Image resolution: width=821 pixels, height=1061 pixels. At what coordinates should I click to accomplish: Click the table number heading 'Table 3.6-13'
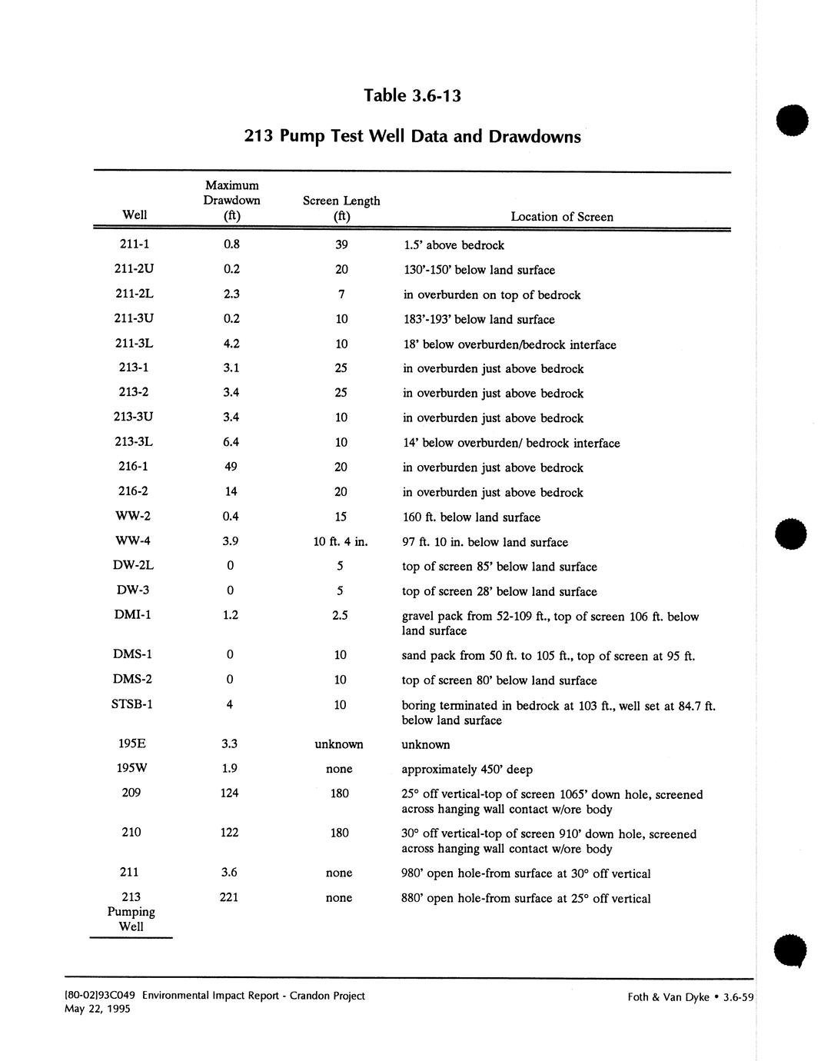click(x=412, y=95)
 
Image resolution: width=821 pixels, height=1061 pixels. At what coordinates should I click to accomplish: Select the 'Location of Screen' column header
click(x=562, y=217)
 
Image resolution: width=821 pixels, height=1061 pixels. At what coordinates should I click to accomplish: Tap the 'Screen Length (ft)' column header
click(x=341, y=208)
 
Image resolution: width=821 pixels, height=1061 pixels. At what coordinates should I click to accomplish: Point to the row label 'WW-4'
click(x=134, y=541)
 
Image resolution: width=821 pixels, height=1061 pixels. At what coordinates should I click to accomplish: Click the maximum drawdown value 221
click(x=229, y=897)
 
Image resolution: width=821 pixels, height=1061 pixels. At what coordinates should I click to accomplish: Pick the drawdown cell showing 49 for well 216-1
click(x=230, y=467)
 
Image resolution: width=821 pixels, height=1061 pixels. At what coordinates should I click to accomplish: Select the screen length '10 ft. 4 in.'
click(x=341, y=541)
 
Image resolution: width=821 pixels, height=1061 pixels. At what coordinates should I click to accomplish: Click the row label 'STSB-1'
click(x=132, y=704)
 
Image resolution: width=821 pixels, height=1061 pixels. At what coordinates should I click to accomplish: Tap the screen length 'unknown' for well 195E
click(x=339, y=744)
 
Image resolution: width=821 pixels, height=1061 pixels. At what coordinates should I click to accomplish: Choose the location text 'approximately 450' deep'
click(x=467, y=770)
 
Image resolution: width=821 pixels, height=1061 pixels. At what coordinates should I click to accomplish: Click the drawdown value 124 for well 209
click(x=229, y=793)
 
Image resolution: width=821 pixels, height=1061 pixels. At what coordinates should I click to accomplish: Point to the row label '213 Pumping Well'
click(x=131, y=912)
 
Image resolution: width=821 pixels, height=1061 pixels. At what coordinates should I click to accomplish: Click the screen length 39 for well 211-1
click(x=341, y=244)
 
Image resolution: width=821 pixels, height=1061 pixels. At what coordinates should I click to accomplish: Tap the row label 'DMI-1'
click(x=133, y=615)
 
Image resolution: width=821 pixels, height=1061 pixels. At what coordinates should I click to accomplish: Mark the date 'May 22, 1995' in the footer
click(x=98, y=1009)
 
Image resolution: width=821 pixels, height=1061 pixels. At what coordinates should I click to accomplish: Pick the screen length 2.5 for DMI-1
click(x=341, y=615)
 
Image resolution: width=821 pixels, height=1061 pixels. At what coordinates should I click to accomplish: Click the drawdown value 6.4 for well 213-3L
click(x=231, y=442)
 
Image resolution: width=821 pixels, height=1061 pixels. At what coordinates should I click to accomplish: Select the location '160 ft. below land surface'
click(x=471, y=517)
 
